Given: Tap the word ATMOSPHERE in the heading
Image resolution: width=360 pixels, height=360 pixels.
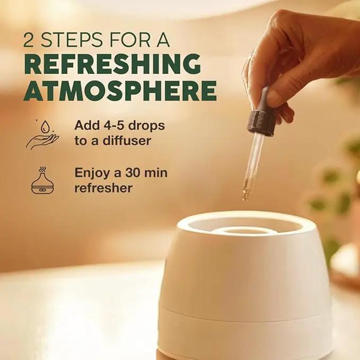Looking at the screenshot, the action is [120, 91].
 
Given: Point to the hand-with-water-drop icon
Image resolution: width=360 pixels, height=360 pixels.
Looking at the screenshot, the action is [42, 135].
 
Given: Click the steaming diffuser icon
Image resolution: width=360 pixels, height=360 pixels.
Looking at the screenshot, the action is [42, 181].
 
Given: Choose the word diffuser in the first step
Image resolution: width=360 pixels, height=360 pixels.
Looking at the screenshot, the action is [127, 141].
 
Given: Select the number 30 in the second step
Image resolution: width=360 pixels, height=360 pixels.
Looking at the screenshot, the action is [133, 173].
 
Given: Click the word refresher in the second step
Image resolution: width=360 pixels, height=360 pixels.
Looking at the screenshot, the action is [103, 188].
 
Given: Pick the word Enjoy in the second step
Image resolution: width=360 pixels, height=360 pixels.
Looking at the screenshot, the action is [93, 173].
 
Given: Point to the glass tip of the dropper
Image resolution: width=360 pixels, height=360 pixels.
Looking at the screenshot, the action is [245, 195].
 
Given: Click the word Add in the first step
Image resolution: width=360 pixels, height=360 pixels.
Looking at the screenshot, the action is [84, 125].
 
